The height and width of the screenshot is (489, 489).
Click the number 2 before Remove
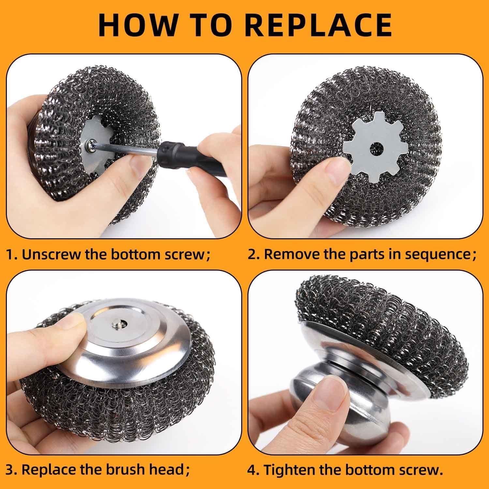tap(253, 255)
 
